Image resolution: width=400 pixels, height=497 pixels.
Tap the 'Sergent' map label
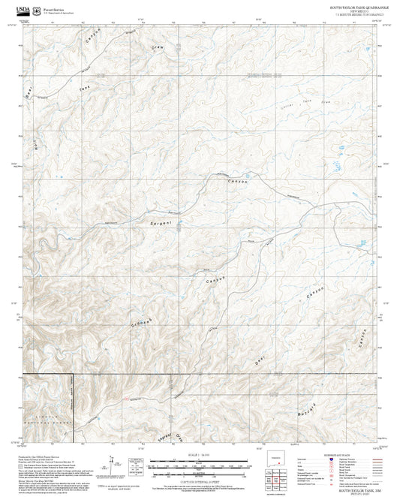pyautogui.click(x=161, y=224)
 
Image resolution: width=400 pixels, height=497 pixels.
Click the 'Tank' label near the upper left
pyautogui.click(x=85, y=90)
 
